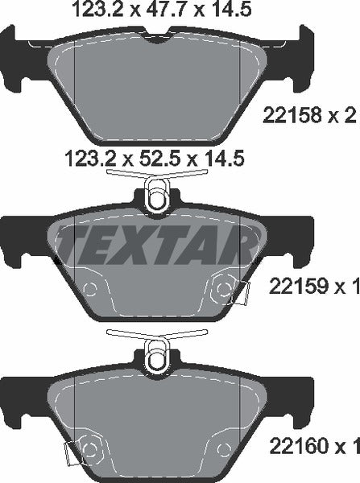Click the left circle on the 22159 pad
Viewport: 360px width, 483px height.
pyautogui.click(x=89, y=290)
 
